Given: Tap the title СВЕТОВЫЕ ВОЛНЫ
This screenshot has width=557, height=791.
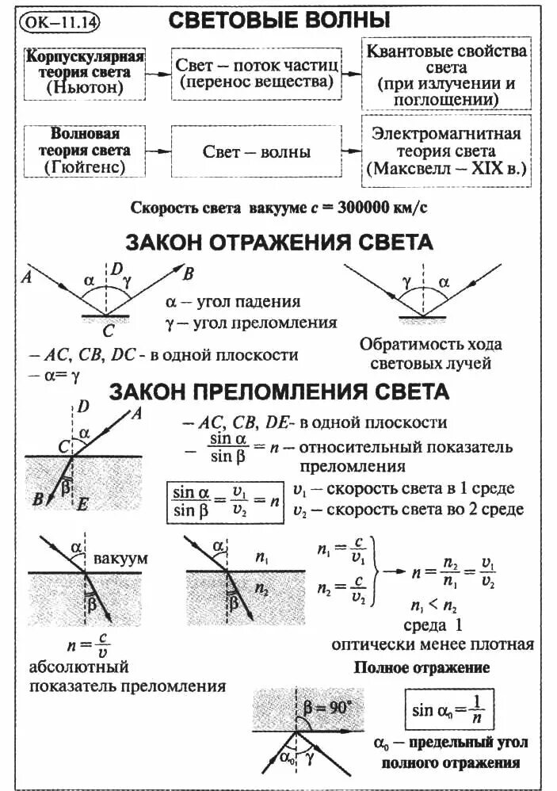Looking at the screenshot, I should (283, 21).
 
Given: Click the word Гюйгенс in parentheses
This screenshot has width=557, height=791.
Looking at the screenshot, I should (86, 167).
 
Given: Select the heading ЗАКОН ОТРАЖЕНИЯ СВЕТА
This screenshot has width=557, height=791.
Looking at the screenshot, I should (279, 242).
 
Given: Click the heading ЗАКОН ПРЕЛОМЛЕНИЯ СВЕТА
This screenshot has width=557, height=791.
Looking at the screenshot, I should (279, 392).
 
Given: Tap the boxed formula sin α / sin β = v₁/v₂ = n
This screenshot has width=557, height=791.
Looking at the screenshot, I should (226, 502).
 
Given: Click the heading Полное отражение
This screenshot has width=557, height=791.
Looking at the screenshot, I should (422, 667).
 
